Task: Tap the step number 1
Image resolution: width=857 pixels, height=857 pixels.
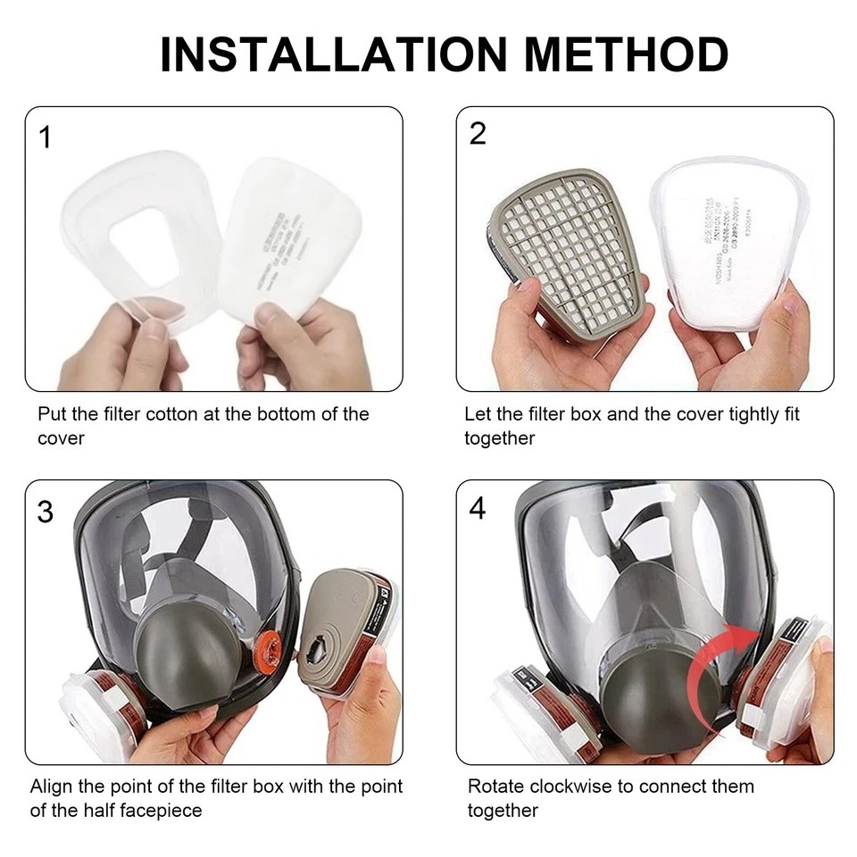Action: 46,138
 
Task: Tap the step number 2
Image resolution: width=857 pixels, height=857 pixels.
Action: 478,134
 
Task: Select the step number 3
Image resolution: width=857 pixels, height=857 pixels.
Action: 46,512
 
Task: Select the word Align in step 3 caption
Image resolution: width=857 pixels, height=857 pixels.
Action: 50,786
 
